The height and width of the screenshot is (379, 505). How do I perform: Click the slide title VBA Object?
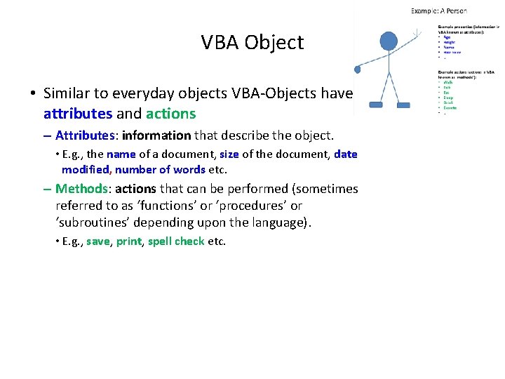tap(252, 43)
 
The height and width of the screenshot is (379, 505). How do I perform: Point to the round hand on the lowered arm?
tap(357, 69)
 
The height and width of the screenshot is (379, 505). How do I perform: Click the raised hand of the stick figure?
tap(418, 32)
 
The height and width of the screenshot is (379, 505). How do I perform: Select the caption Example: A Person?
tap(438, 11)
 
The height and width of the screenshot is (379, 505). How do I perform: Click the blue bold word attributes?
tap(77, 114)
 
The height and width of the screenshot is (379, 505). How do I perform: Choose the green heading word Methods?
tap(81, 189)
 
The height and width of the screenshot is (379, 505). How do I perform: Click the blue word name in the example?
tap(121, 154)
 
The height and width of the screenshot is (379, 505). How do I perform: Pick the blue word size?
tap(229, 154)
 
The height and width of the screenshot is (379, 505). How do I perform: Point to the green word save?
tap(97, 241)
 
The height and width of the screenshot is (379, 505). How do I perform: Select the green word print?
tap(129, 241)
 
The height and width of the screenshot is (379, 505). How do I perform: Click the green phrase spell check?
tap(176, 241)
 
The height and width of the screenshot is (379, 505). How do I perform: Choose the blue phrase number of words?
tap(160, 170)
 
